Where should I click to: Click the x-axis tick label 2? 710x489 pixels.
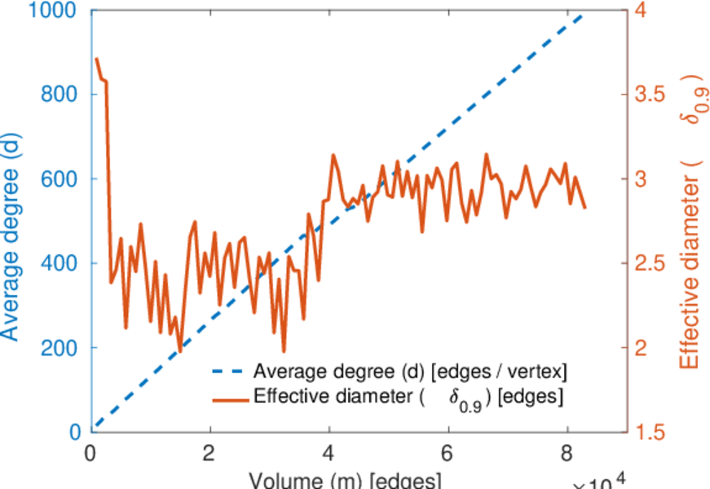210,451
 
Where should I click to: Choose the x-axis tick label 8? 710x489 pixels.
566,451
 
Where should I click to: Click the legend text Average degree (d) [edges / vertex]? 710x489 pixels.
410,372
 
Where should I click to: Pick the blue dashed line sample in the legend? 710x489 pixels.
231,372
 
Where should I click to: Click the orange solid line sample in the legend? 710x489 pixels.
231,399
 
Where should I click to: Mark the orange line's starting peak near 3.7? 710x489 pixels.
96,59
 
